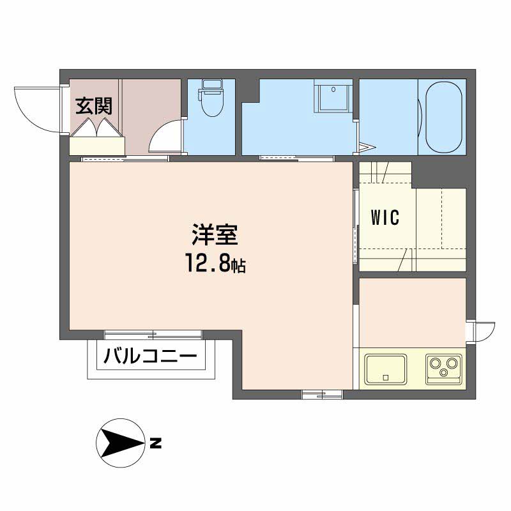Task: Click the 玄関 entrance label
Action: [94, 106]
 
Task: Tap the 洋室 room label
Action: [215, 234]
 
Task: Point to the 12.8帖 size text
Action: [215, 263]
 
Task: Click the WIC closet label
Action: [385, 217]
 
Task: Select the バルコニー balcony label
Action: [150, 356]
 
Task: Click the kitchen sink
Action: [386, 370]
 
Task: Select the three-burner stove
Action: [443, 369]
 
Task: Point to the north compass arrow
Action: [121, 443]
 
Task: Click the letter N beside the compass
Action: [155, 443]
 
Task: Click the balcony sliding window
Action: [153, 335]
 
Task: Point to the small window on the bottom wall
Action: [323, 395]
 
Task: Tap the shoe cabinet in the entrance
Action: [97, 146]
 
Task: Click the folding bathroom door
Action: [366, 148]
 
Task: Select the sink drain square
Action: [386, 378]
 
